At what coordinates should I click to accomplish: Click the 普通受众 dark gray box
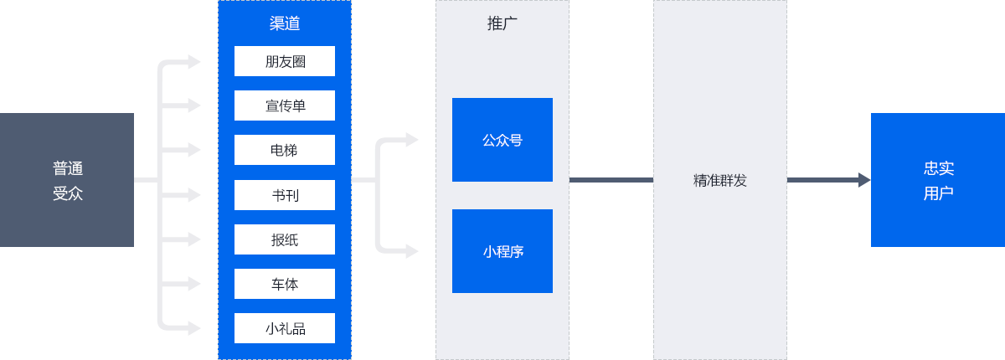(x=67, y=180)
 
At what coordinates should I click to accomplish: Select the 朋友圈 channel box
(x=285, y=61)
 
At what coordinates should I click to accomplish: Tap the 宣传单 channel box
(x=285, y=105)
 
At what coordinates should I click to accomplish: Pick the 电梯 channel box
(x=285, y=150)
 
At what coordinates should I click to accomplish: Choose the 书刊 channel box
(x=285, y=194)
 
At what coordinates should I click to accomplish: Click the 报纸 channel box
(x=285, y=239)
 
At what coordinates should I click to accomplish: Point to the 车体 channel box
(x=285, y=284)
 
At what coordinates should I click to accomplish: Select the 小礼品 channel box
(x=285, y=328)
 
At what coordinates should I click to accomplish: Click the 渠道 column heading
(x=285, y=23)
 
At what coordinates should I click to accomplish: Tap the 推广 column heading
(x=502, y=23)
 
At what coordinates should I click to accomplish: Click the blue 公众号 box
(x=502, y=140)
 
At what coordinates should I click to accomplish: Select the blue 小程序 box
(x=502, y=251)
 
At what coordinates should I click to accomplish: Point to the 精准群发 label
(x=719, y=180)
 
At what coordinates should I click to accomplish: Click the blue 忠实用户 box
(x=938, y=180)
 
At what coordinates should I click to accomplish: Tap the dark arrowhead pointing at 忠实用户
(x=864, y=180)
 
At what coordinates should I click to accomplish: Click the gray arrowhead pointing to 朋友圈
(x=194, y=61)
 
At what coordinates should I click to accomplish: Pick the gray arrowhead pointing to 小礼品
(x=194, y=328)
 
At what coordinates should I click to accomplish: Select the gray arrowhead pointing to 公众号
(x=412, y=140)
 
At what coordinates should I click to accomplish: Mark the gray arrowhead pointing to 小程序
(x=412, y=251)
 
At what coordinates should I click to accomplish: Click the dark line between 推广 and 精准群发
(x=611, y=180)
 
